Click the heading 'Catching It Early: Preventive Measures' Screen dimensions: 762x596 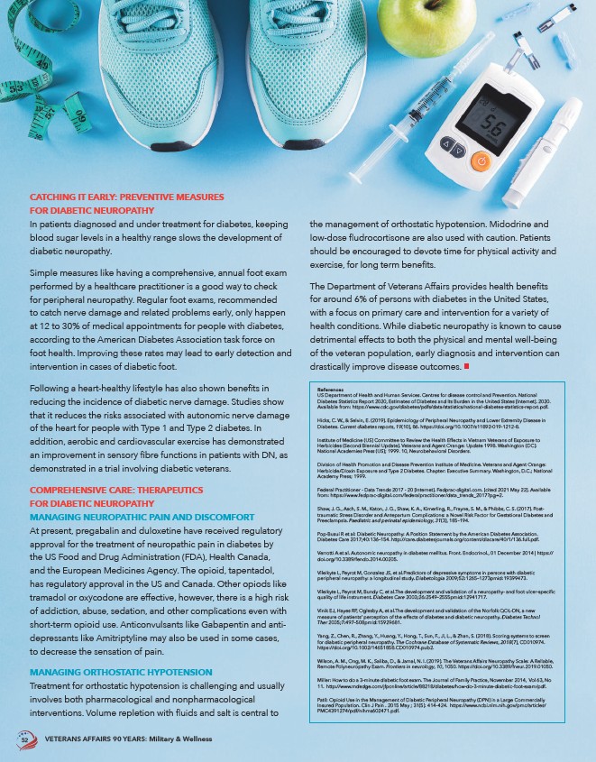click(x=126, y=197)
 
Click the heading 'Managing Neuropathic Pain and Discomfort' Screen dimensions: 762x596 click(x=142, y=517)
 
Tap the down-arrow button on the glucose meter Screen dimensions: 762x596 click(x=459, y=152)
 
